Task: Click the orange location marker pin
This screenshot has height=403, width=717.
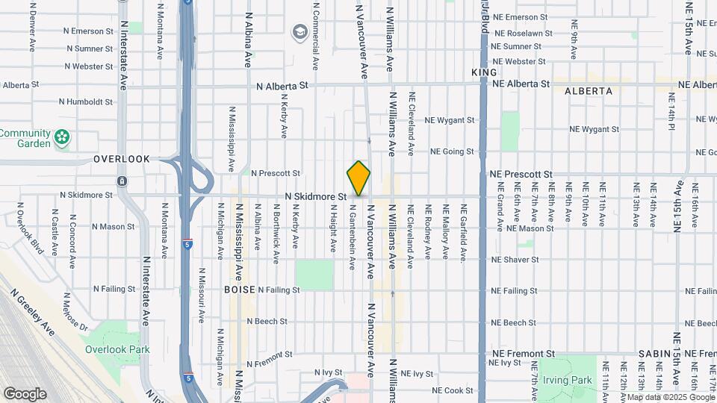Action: click(x=358, y=178)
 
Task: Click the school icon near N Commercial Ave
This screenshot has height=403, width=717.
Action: click(x=300, y=32)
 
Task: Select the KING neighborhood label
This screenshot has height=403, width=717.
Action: click(x=484, y=72)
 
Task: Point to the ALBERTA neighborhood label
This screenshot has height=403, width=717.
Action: click(x=589, y=91)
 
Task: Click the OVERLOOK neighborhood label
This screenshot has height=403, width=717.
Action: click(x=122, y=159)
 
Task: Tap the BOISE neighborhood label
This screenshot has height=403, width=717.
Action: click(x=239, y=289)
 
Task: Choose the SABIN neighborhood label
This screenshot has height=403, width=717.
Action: click(x=654, y=353)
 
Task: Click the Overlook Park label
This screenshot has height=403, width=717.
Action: click(x=117, y=349)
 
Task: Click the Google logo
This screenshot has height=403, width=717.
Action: click(x=25, y=394)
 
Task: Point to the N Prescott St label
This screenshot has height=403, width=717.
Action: click(x=275, y=173)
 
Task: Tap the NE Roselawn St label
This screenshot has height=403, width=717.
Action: click(x=522, y=34)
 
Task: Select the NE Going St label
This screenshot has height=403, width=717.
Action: click(x=452, y=151)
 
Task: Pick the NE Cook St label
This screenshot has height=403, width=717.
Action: click(x=453, y=390)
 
